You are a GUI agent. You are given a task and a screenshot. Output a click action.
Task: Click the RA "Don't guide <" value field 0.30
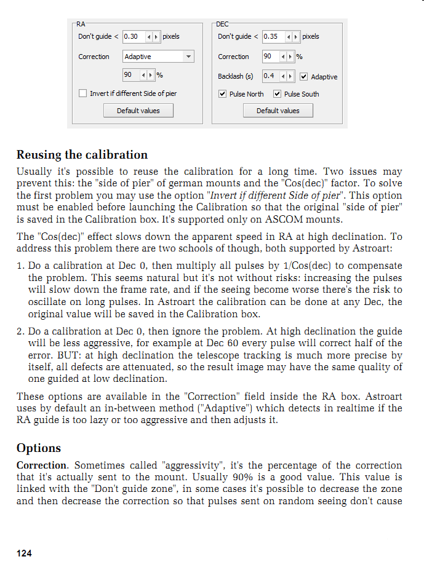(x=133, y=37)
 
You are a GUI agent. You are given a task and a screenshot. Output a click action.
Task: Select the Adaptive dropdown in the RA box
(x=158, y=57)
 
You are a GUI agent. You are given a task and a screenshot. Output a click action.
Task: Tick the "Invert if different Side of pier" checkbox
(x=83, y=93)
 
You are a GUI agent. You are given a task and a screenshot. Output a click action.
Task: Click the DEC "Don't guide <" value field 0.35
(x=271, y=37)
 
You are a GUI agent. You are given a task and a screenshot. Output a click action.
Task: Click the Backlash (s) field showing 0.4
(x=271, y=76)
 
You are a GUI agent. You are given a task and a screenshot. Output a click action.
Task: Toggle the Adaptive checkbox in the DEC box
(x=304, y=77)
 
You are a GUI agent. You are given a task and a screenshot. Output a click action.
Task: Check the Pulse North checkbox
(x=223, y=94)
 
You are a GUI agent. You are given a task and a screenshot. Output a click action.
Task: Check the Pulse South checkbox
(x=278, y=94)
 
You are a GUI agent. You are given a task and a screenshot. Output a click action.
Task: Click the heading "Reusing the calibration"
(x=82, y=154)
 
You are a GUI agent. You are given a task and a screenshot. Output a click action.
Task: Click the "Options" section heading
(x=39, y=448)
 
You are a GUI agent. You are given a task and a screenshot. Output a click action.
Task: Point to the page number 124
(x=24, y=553)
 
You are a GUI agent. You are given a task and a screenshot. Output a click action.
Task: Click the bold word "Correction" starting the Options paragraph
(x=41, y=465)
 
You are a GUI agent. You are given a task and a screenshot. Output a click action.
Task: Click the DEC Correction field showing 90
(x=271, y=57)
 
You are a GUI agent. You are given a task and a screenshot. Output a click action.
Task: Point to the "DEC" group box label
(x=223, y=24)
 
